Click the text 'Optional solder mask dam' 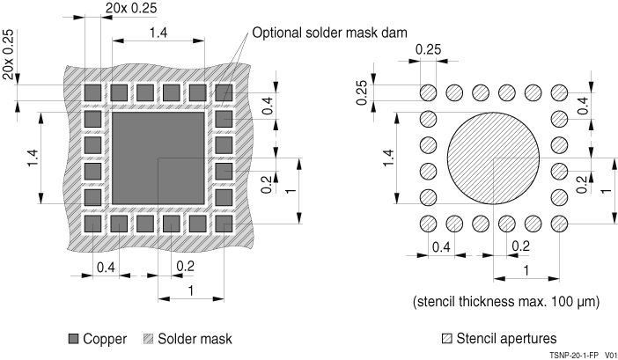[330, 33]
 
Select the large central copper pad [158, 158]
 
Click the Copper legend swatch [73, 338]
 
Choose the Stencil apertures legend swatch [449, 338]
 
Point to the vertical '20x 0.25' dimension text [8, 54]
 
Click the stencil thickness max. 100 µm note [506, 301]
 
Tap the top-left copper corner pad [92, 92]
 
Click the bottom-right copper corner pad [224, 224]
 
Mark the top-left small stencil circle [428, 92]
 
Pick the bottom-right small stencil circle [559, 224]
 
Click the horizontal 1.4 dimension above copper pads [158, 33]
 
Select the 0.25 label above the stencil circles [428, 49]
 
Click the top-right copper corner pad [224, 92]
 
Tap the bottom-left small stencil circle [428, 224]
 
